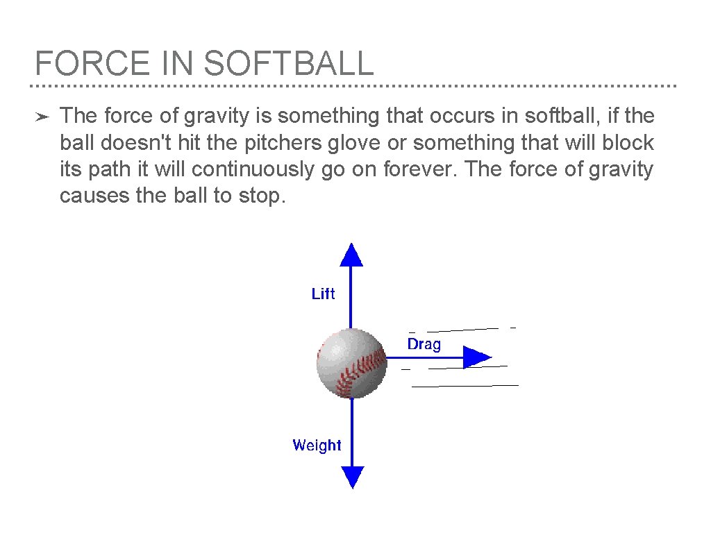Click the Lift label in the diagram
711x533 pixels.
pyautogui.click(x=323, y=294)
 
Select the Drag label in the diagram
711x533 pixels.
pyautogui.click(x=424, y=344)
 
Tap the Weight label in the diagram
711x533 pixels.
pyautogui.click(x=317, y=446)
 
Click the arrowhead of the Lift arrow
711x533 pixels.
pyautogui.click(x=351, y=255)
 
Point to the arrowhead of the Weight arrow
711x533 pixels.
pyautogui.click(x=353, y=477)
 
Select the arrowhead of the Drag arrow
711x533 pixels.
pyautogui.click(x=476, y=357)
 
